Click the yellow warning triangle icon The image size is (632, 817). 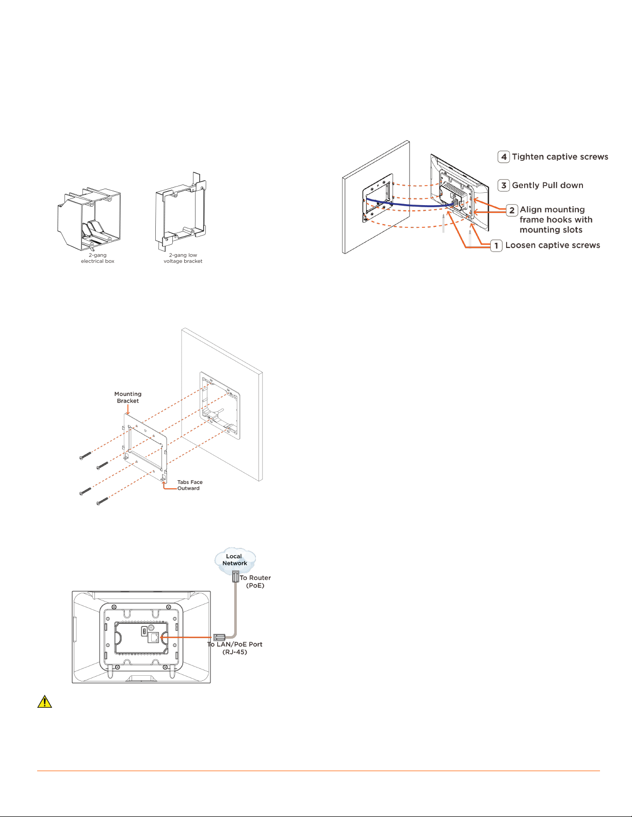pos(45,702)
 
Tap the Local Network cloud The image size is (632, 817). pos(235,560)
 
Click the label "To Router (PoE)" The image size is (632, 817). pos(255,581)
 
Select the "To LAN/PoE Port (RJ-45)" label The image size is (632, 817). pos(235,648)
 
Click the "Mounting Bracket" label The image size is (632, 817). pos(128,397)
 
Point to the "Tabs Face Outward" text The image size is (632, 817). pos(189,485)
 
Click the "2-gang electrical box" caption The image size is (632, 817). pos(98,258)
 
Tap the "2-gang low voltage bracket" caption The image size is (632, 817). pos(183,258)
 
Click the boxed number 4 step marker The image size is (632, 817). pos(504,157)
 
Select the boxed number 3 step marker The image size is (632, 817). pos(504,185)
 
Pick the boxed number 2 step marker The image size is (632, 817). pos(512,210)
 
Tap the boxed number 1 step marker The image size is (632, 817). pos(496,245)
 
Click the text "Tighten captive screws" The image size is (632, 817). pos(560,157)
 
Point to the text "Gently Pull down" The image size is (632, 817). pos(547,185)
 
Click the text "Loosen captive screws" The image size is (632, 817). pos(553,245)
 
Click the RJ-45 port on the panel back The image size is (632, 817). pos(154,638)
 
